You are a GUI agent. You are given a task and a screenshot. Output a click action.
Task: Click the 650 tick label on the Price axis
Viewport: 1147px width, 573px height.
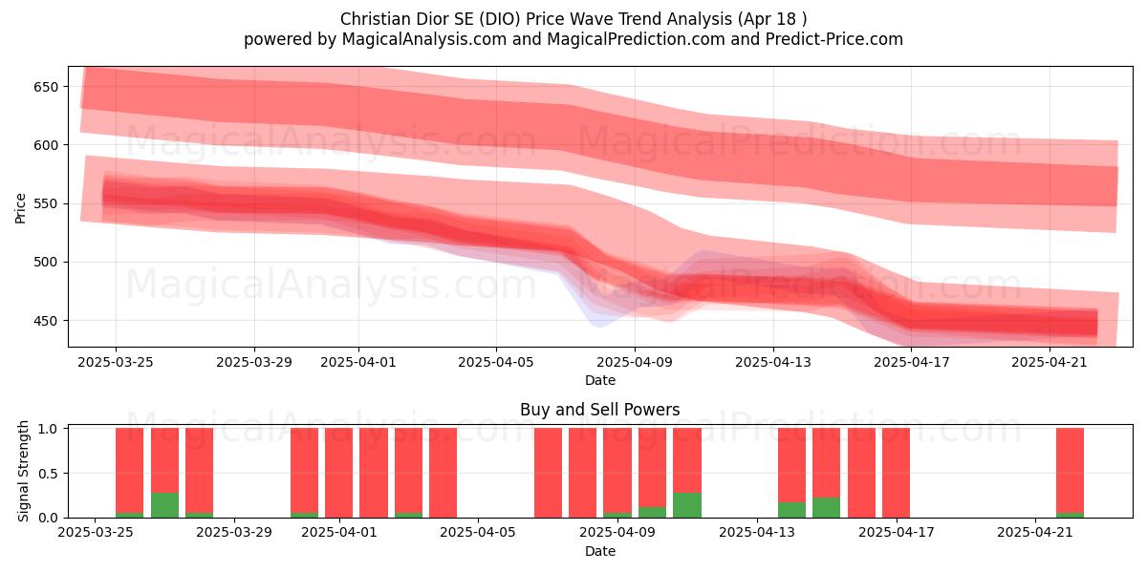coord(46,87)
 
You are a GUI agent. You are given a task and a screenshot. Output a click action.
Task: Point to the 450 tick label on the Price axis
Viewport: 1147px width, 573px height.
coord(46,321)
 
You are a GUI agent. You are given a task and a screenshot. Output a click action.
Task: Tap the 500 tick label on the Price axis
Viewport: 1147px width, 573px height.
coord(46,263)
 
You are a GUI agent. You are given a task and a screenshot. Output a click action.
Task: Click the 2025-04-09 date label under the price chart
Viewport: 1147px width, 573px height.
coord(635,362)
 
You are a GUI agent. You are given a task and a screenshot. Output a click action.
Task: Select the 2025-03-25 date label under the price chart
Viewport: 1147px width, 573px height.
coord(116,362)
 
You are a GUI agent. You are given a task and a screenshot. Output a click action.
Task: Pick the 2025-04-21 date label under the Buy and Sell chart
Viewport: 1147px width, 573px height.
coord(1035,532)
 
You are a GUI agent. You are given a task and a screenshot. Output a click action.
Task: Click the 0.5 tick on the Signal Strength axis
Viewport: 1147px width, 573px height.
coord(48,474)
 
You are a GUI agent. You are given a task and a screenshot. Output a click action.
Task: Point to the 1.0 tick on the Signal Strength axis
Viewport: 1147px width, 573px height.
coord(48,428)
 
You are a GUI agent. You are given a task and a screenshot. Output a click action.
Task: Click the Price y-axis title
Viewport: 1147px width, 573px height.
coord(20,208)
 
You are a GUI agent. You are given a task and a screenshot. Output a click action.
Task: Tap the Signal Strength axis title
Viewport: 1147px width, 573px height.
coord(23,471)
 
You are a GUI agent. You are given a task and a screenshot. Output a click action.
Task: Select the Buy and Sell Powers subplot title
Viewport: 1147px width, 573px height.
coord(600,410)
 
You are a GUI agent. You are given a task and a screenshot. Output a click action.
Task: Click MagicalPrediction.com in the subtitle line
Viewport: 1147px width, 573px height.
coord(636,39)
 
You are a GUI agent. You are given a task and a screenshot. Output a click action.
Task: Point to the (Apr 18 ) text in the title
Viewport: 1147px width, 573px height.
coord(772,19)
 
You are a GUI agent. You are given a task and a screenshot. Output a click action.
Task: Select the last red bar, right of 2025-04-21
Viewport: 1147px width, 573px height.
coord(1071,470)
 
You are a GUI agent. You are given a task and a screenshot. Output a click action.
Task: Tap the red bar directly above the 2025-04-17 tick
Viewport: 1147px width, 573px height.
coord(897,473)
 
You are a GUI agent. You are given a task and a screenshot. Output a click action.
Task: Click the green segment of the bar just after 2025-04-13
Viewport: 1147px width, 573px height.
coord(791,510)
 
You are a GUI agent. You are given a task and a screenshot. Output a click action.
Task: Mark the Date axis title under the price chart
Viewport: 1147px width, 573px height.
coord(600,380)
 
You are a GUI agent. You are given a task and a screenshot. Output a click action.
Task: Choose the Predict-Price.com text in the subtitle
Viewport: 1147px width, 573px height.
coord(834,39)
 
